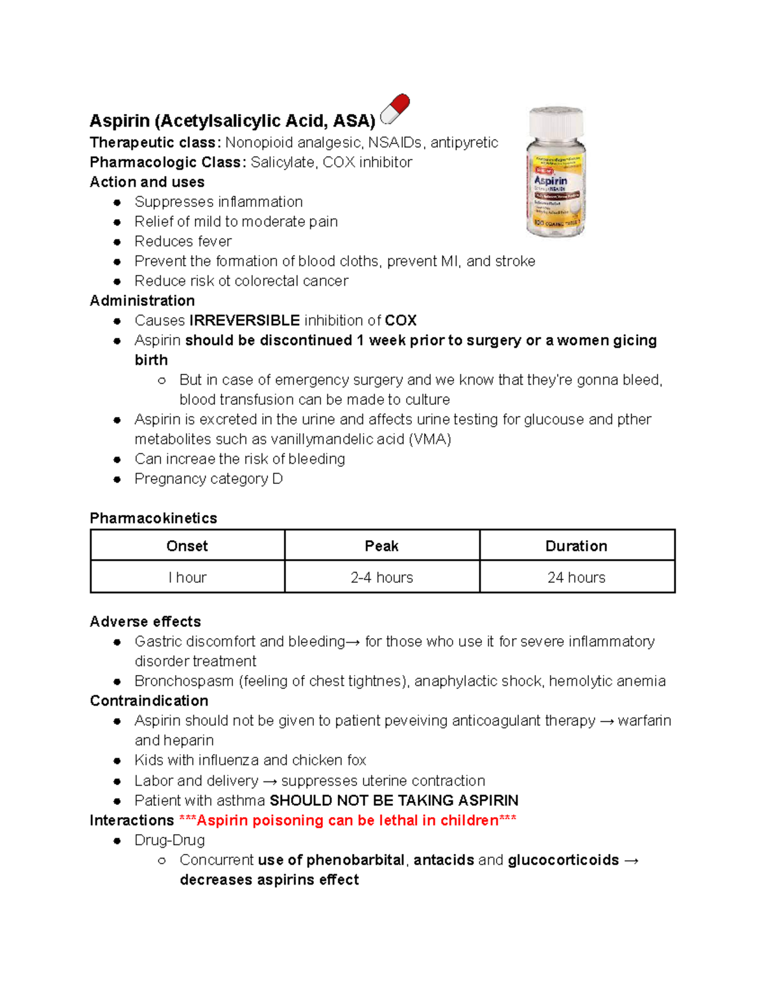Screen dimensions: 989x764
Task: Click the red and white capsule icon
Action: click(x=395, y=109)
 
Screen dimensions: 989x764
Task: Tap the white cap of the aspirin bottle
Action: click(x=556, y=122)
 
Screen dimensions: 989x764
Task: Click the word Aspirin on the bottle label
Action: click(x=551, y=181)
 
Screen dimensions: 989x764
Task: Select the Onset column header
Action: click(x=187, y=546)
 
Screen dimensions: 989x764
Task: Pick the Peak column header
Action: click(x=381, y=546)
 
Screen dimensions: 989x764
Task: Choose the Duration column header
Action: click(x=576, y=546)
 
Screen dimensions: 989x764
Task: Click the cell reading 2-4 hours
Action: click(x=381, y=578)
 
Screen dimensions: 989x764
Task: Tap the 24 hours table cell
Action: click(x=576, y=578)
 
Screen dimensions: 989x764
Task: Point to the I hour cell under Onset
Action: click(x=187, y=578)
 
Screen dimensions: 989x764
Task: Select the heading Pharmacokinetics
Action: click(x=153, y=518)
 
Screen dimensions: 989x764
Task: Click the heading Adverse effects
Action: click(x=145, y=622)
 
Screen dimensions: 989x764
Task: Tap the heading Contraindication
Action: click(x=149, y=701)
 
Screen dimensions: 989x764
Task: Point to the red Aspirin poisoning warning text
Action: click(x=348, y=820)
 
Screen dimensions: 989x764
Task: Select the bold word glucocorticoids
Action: click(x=563, y=860)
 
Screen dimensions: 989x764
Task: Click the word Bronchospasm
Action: click(x=184, y=681)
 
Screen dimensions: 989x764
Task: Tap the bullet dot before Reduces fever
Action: click(x=117, y=242)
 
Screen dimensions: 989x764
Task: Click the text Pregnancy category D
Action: click(x=208, y=479)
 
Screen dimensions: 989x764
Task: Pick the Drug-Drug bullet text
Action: click(x=169, y=841)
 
